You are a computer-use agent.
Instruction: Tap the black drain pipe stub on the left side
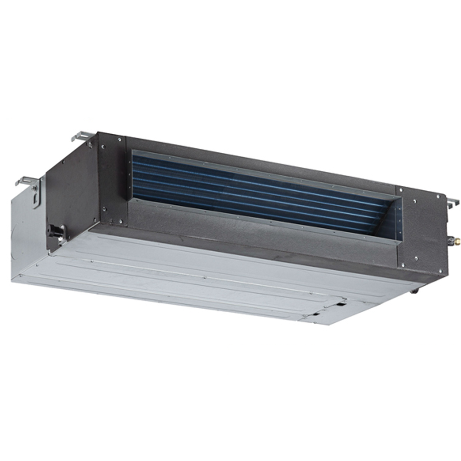click(x=54, y=229)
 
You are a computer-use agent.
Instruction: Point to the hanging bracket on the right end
click(x=452, y=203)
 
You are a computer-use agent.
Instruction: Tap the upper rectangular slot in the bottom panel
click(x=341, y=304)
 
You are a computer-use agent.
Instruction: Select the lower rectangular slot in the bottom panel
click(x=316, y=313)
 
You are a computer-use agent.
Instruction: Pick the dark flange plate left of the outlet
click(x=112, y=181)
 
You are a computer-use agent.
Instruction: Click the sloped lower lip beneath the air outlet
click(x=253, y=230)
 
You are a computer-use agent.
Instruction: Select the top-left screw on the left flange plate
click(x=103, y=146)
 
